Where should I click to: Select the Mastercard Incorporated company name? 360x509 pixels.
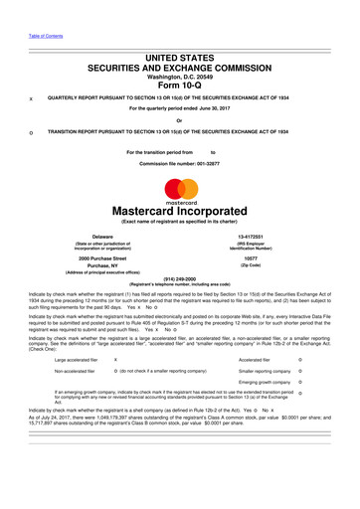tap(180, 211)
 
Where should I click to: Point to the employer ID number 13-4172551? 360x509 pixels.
tap(263, 237)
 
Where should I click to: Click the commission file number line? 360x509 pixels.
tap(180, 162)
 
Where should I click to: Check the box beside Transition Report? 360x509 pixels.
tap(31, 131)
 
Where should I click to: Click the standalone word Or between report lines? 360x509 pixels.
tap(180, 120)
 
